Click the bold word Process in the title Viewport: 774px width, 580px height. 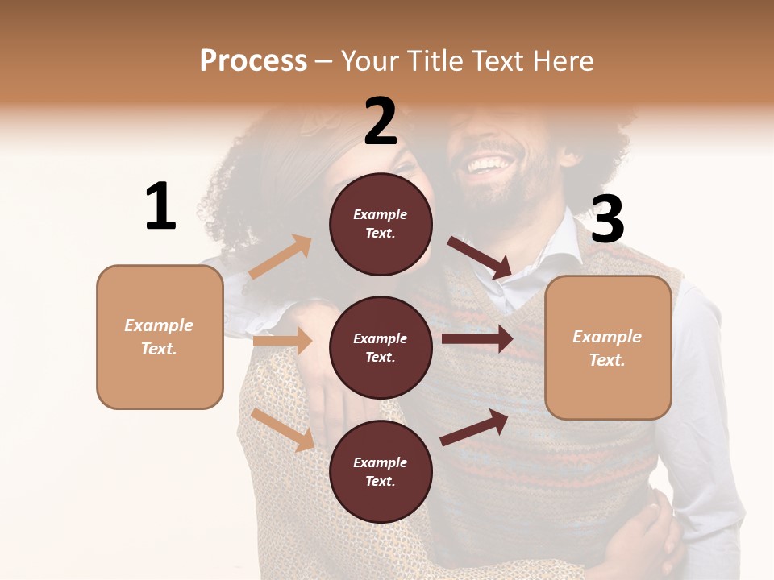253,60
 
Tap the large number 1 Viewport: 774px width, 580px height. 160,207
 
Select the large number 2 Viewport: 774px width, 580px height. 381,122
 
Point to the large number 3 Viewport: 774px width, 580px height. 608,220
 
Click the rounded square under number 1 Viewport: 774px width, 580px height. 160,337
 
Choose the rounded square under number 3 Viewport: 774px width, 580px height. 608,348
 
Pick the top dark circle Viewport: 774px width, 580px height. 381,224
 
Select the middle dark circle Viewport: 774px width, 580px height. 381,347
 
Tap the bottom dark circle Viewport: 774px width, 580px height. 381,471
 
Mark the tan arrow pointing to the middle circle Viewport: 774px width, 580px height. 282,341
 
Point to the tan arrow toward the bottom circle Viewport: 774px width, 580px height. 283,429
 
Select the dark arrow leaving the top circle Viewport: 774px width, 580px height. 480,257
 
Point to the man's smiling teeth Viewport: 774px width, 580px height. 489,164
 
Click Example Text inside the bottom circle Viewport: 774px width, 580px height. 381,471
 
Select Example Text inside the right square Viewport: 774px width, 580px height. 608,348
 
